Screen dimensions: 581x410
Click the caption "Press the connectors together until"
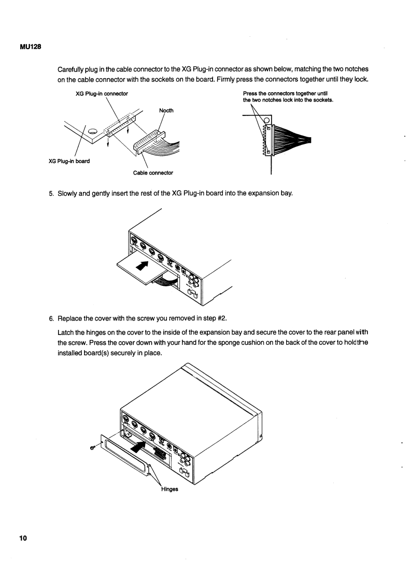point(288,94)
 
